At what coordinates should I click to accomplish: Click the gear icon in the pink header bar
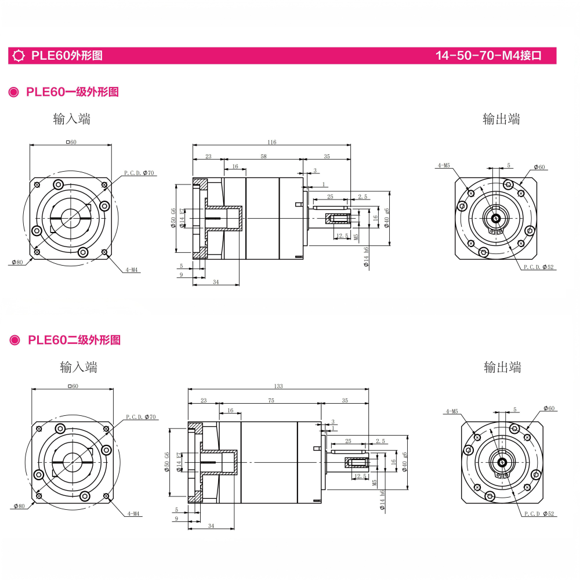coord(19,56)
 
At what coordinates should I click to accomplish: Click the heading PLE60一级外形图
coord(72,92)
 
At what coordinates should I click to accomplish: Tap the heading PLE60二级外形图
coord(74,340)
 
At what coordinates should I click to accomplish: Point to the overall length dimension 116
coord(271,142)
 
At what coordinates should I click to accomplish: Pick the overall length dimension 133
coord(278,386)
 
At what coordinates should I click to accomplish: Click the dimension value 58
coord(263,157)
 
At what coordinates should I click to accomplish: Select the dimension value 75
coord(270,401)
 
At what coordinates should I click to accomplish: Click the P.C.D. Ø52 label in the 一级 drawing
coord(539,267)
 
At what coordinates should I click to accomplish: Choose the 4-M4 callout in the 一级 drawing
coord(133,270)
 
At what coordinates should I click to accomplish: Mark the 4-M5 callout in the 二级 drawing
coord(451,411)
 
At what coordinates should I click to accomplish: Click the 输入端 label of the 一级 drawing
coord(71,119)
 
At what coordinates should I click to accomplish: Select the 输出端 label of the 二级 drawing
coord(502,367)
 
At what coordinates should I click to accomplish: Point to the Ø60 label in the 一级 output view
coord(539,167)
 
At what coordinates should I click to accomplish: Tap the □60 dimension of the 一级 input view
coord(71,142)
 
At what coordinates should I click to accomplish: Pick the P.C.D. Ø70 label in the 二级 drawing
coord(141,417)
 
